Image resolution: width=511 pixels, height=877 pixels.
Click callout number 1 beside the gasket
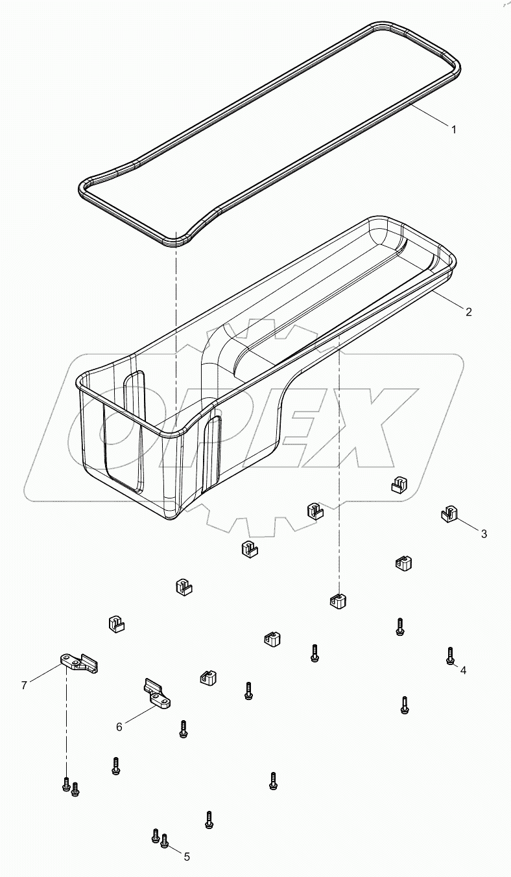point(454,129)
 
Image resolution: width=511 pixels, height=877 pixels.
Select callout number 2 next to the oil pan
point(468,311)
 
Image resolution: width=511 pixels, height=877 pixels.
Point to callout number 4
point(463,670)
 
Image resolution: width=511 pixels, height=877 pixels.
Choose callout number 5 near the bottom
point(187,856)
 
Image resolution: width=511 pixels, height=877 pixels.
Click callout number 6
point(119,727)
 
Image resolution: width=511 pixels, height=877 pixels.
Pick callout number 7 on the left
point(24,685)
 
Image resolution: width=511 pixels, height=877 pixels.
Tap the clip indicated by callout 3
point(447,514)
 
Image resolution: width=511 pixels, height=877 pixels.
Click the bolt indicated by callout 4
point(449,655)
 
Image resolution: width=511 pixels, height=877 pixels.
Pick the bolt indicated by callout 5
point(164,841)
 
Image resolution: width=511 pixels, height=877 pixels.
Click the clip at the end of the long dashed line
point(337,600)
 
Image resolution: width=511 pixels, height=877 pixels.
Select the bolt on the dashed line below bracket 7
point(65,784)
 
